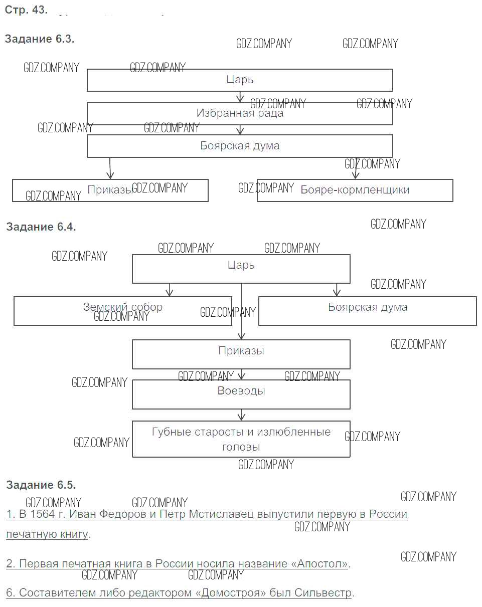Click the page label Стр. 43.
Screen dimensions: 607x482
click(26, 11)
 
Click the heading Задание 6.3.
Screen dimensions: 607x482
click(40, 39)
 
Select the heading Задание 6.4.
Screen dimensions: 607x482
click(41, 227)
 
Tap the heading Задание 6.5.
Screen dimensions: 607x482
click(41, 485)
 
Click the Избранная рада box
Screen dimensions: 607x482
click(240, 114)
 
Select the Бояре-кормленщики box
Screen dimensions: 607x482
click(355, 190)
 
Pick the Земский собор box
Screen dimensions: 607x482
click(122, 311)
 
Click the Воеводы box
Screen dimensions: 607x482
click(241, 394)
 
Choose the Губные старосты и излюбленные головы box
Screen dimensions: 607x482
click(241, 439)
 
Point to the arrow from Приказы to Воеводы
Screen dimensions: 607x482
click(241, 374)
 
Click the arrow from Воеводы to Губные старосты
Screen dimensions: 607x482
click(241, 415)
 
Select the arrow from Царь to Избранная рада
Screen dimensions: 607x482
click(240, 97)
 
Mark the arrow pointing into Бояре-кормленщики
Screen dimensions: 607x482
click(356, 170)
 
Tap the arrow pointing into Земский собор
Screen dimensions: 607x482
click(170, 290)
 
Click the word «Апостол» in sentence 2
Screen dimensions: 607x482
click(319, 563)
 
